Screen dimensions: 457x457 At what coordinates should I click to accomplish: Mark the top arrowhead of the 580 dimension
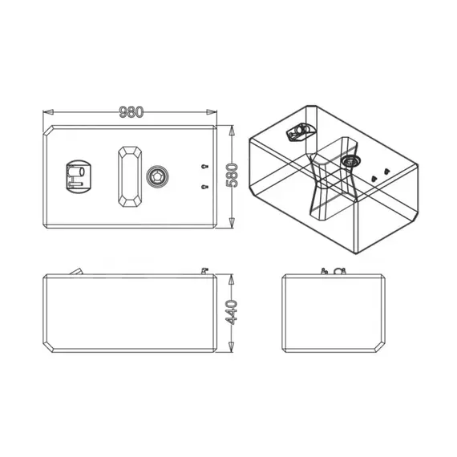[232, 128]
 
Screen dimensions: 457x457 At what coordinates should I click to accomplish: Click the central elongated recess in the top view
[128, 176]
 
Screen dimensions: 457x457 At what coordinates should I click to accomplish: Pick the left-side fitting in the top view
[79, 176]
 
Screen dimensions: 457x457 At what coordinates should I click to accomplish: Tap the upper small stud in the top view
[205, 165]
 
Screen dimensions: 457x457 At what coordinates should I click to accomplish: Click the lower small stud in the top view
[205, 187]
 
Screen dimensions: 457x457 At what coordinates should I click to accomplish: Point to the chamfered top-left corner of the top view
[50, 131]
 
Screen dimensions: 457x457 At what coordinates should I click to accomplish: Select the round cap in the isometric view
[350, 160]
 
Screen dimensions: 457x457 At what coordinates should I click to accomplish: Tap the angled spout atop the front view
[79, 272]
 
